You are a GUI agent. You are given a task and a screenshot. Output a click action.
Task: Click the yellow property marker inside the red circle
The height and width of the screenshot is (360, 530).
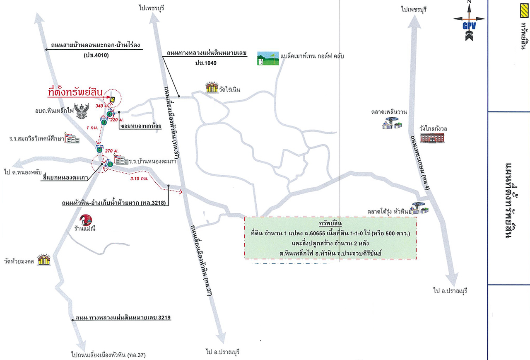[x=112, y=99]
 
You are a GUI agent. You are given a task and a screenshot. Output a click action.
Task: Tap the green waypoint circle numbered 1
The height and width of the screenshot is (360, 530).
[x=110, y=164]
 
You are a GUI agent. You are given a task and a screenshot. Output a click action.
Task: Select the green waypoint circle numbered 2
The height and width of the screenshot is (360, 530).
[x=99, y=150]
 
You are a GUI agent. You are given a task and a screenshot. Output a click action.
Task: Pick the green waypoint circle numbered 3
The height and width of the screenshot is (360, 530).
[x=104, y=122]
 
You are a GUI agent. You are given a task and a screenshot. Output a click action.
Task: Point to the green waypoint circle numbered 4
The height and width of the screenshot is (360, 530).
[x=109, y=114]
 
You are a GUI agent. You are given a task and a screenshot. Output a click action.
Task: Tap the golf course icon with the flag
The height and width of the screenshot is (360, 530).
[x=268, y=58]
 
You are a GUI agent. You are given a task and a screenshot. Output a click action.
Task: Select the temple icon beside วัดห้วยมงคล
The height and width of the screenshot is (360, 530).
[x=44, y=259]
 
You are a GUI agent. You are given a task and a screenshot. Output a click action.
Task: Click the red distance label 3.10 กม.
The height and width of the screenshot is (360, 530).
[x=140, y=179]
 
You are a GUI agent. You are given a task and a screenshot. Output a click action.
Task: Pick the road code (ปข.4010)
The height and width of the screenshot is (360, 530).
[x=96, y=55]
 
